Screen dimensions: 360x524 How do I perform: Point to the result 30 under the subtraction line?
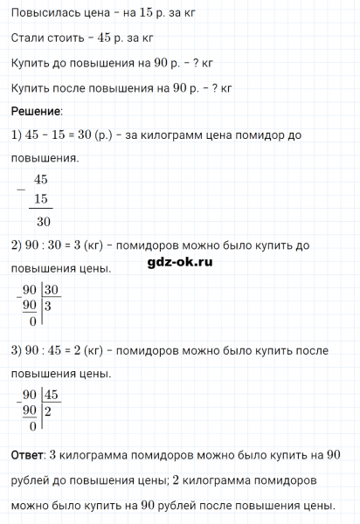(41, 222)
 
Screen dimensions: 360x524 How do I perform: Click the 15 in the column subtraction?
(39, 199)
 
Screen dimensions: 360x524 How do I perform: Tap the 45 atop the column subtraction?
(39, 180)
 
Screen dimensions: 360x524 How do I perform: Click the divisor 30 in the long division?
(52, 289)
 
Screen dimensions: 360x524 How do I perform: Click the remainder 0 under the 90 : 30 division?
(32, 322)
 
